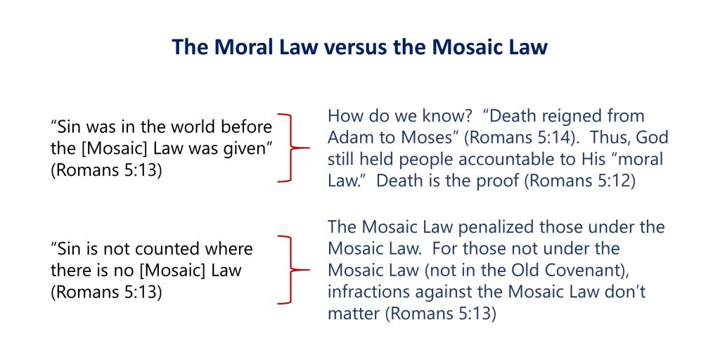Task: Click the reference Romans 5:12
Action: tap(580, 181)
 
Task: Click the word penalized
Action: tap(496, 227)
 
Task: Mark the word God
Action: tap(651, 137)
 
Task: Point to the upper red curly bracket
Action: tap(292, 148)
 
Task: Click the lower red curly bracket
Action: tap(292, 270)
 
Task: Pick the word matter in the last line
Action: tap(354, 314)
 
